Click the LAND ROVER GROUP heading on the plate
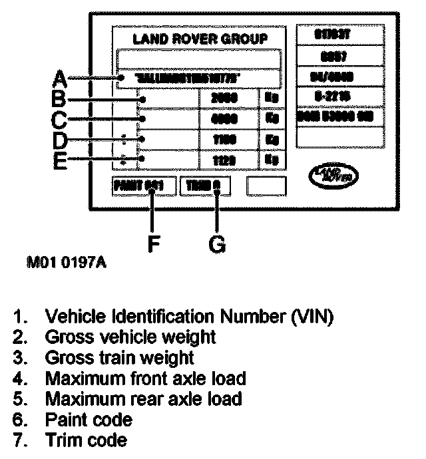pyautogui.click(x=200, y=39)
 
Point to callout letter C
pyautogui.click(x=59, y=120)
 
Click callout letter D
pyautogui.click(x=59, y=140)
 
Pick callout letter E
pyautogui.click(x=59, y=160)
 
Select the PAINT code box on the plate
pyautogui.click(x=143, y=186)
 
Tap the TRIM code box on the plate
pyautogui.click(x=204, y=186)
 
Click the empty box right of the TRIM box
pyautogui.click(x=266, y=186)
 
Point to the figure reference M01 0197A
pyautogui.click(x=66, y=263)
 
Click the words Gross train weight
pyautogui.click(x=119, y=358)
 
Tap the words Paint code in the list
pyautogui.click(x=88, y=420)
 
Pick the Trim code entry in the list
pyautogui.click(x=85, y=440)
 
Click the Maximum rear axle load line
pyautogui.click(x=143, y=399)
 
